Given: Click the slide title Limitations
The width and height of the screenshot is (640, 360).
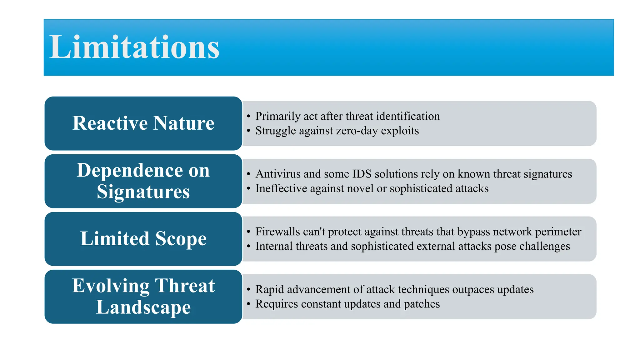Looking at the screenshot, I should click(x=134, y=47).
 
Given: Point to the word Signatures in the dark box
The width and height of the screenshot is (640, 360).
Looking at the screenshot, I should click(x=143, y=192).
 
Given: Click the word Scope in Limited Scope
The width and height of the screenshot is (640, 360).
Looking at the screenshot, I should click(x=181, y=239).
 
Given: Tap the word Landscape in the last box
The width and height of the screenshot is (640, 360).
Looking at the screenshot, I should click(x=143, y=307).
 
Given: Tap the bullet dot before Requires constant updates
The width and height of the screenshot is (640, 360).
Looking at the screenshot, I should click(x=248, y=304).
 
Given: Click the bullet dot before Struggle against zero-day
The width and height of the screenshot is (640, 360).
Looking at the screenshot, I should click(x=248, y=131).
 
